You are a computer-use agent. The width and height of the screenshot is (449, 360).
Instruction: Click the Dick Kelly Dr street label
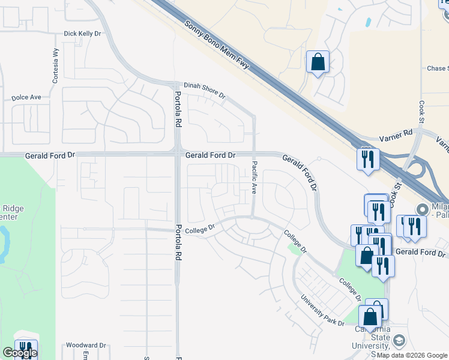pyautogui.click(x=82, y=34)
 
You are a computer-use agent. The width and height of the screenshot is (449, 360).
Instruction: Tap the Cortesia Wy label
pyautogui.click(x=56, y=60)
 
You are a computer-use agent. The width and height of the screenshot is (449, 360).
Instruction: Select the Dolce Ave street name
pyautogui.click(x=26, y=97)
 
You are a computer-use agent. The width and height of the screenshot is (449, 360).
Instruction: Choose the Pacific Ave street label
pyautogui.click(x=254, y=176)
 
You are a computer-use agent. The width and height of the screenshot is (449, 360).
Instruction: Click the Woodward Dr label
pyautogui.click(x=86, y=346)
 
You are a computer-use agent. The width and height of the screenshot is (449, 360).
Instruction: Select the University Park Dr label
pyautogui.click(x=322, y=309)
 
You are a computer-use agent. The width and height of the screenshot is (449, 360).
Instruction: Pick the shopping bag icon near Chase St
pyautogui.click(x=318, y=62)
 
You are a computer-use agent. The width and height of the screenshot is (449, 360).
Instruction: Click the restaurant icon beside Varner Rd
pyautogui.click(x=366, y=160)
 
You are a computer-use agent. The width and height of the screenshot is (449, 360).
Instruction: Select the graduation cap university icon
pyautogui.click(x=398, y=341)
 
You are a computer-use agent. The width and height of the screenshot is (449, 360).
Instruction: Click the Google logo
pyautogui.click(x=20, y=353)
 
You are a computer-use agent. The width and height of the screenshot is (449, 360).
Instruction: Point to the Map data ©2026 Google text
pyautogui.click(x=411, y=355)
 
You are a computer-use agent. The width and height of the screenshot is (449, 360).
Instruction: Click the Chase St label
pyautogui.click(x=437, y=68)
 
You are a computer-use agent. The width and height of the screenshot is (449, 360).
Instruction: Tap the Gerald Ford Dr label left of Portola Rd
pyautogui.click(x=50, y=155)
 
